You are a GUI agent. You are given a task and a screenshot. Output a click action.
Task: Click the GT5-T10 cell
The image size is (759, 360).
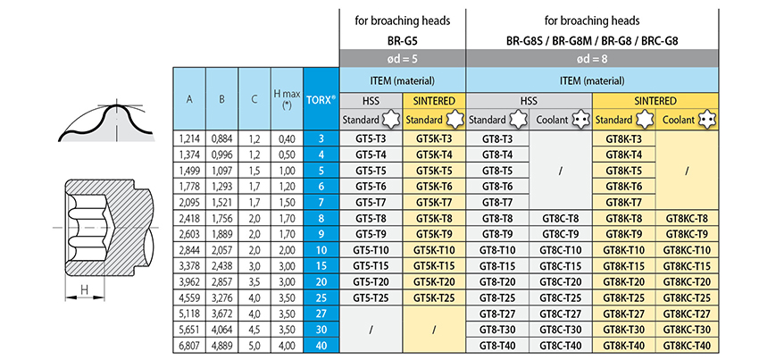pyautogui.click(x=371, y=250)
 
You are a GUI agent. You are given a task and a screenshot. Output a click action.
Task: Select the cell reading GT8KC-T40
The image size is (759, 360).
pyautogui.click(x=687, y=346)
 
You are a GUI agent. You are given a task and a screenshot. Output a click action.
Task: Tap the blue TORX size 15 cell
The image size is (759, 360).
pyautogui.click(x=321, y=266)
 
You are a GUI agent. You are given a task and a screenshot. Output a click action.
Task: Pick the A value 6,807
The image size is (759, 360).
pyautogui.click(x=189, y=346)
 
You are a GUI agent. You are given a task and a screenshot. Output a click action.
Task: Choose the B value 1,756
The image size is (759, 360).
pyautogui.click(x=221, y=219)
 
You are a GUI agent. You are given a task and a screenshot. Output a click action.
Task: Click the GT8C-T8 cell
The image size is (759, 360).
pyautogui.click(x=561, y=219)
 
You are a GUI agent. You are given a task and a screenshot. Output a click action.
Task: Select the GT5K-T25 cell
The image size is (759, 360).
pyautogui.click(x=434, y=297)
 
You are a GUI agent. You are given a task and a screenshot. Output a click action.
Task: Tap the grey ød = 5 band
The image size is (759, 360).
pyautogui.click(x=402, y=59)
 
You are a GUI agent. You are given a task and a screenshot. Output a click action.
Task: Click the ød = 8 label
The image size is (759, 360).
pyautogui.click(x=592, y=59)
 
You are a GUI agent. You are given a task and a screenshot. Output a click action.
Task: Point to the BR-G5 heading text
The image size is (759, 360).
pyautogui.click(x=402, y=41)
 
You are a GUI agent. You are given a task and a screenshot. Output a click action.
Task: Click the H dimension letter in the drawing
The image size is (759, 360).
pyautogui.click(x=84, y=289)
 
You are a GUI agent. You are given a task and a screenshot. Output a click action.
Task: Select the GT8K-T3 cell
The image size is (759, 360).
pyautogui.click(x=623, y=139)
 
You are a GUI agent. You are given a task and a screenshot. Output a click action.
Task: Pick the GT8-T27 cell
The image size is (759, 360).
pyautogui.click(x=497, y=314)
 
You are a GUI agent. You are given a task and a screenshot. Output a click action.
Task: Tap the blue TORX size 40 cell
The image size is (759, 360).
pyautogui.click(x=321, y=346)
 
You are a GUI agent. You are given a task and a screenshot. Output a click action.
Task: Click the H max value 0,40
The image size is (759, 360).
pyautogui.click(x=287, y=139)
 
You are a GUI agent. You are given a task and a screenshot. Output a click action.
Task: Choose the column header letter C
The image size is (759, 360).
pyautogui.click(x=254, y=99)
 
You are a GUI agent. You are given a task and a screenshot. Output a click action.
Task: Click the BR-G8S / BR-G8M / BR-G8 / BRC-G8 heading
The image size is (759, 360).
pyautogui.click(x=592, y=41)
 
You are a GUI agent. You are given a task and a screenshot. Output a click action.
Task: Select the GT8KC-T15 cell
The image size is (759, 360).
pyautogui.click(x=687, y=266)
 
